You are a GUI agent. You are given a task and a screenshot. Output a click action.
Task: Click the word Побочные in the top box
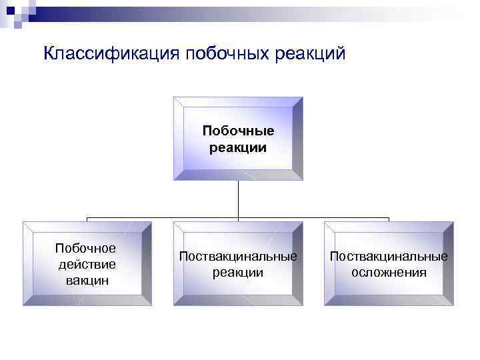tap(238, 131)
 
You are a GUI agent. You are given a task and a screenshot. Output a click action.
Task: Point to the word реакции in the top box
tap(238, 147)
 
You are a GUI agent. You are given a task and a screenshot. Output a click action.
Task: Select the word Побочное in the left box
tap(85, 249)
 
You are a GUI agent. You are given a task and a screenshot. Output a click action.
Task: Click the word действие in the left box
tap(85, 264)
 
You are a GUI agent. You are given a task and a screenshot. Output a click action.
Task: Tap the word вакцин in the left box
tap(85, 280)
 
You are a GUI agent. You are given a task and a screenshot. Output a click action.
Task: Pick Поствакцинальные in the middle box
tap(238, 257)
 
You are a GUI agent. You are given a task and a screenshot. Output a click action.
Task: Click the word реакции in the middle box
tap(238, 273)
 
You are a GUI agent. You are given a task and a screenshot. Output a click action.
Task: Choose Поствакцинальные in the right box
tap(389, 257)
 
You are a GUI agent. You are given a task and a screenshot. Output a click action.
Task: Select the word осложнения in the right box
tap(389, 273)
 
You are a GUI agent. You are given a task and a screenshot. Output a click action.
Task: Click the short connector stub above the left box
tap(87, 219)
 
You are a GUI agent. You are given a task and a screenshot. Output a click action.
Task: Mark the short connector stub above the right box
tap(389, 219)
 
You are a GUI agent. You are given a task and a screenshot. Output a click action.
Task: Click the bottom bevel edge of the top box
tap(238, 176)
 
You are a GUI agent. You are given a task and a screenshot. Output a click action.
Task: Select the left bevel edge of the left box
tap(27, 264)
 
